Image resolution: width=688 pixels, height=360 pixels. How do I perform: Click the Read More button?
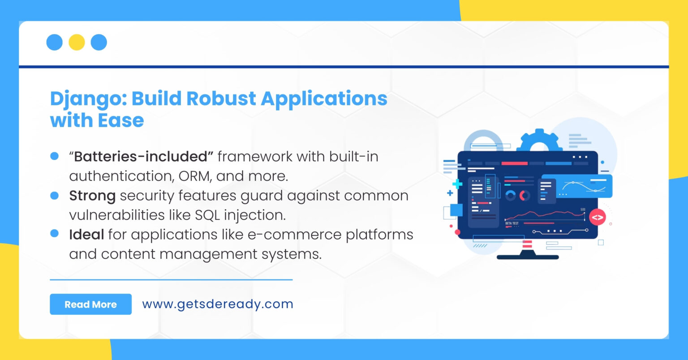click(x=90, y=304)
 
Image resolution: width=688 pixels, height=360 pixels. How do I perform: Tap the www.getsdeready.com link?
click(x=217, y=304)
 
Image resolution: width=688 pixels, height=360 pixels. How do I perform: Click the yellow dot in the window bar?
click(x=77, y=43)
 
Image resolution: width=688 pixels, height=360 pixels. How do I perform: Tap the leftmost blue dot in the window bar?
click(x=54, y=43)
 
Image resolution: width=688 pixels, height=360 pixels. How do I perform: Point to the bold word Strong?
click(x=92, y=196)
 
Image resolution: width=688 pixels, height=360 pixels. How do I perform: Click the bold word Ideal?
click(x=86, y=235)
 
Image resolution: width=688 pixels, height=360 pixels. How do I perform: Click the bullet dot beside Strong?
click(x=55, y=196)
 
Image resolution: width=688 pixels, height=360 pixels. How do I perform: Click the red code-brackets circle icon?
click(x=597, y=218)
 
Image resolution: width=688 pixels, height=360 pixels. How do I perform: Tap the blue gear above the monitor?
click(x=539, y=141)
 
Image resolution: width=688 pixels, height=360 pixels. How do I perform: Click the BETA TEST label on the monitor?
click(x=512, y=223)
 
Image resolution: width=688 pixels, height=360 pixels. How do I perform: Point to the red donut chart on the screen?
click(x=524, y=196)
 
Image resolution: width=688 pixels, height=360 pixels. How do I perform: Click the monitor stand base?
click(x=528, y=257)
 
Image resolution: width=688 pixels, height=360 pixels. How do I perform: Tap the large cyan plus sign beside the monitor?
click(x=457, y=184)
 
